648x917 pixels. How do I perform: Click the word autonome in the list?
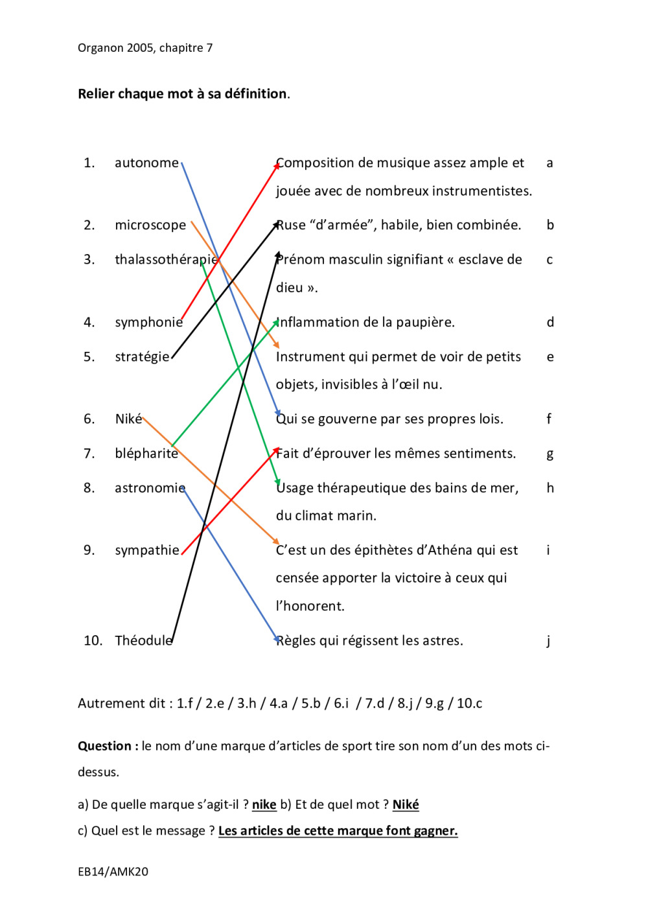click(146, 163)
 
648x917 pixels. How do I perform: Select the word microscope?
click(150, 226)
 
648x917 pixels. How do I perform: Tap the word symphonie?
click(148, 323)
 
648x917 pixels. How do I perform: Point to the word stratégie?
click(142, 357)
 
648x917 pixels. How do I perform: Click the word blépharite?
click(146, 454)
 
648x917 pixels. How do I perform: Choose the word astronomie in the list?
click(150, 488)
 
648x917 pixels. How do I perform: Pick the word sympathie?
click(147, 550)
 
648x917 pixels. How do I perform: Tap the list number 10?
click(93, 641)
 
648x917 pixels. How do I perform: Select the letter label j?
click(548, 641)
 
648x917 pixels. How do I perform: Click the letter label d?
click(550, 323)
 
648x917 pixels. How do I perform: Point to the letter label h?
click(550, 488)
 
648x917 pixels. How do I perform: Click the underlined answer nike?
click(264, 805)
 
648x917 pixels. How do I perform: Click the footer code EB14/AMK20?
click(113, 872)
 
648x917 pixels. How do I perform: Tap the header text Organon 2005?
click(115, 48)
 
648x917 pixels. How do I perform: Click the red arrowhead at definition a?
click(277, 165)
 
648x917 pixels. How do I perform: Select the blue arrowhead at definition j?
click(277, 640)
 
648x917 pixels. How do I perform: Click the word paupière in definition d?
click(427, 323)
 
